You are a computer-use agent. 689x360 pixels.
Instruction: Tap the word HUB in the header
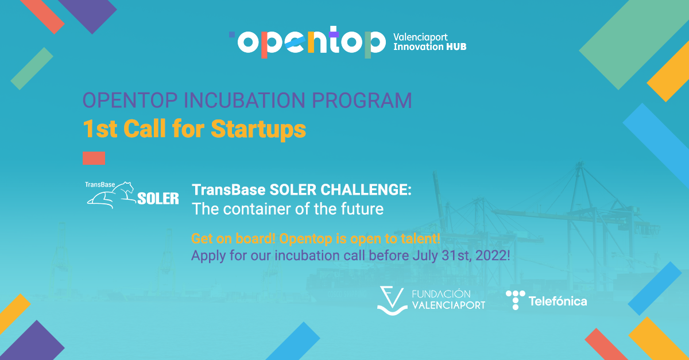(x=456, y=47)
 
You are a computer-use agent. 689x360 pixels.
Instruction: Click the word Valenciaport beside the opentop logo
(x=421, y=36)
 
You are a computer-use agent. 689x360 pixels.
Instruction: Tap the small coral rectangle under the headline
(x=94, y=158)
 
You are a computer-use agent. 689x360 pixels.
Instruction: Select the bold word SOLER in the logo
(x=158, y=199)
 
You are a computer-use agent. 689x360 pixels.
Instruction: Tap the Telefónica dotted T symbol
(x=515, y=300)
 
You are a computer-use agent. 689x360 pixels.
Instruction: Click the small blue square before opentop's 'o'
(x=232, y=34)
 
